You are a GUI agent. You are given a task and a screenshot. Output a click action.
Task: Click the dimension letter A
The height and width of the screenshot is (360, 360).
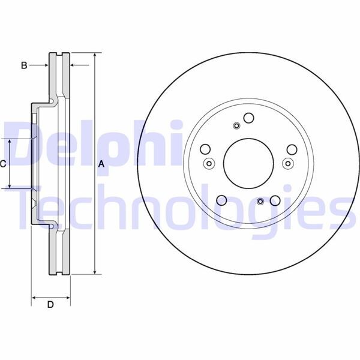tap(101, 164)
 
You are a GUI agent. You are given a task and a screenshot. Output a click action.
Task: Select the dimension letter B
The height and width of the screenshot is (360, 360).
tap(24, 65)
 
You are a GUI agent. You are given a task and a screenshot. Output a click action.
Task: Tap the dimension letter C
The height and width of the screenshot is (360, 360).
tap(4, 163)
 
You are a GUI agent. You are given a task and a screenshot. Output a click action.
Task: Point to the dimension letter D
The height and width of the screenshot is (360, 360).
tap(50, 304)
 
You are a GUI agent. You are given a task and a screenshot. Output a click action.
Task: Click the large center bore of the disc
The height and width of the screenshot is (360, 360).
tap(247, 163)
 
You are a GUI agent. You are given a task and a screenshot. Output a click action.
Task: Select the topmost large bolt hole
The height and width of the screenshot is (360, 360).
tap(248, 118)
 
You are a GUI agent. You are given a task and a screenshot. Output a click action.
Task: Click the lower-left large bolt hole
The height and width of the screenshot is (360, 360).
tap(221, 200)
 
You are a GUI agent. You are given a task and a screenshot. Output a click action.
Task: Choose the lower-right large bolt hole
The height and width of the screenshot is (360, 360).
tap(275, 200)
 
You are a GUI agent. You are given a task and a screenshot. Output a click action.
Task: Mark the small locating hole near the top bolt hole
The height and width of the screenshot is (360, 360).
tap(236, 126)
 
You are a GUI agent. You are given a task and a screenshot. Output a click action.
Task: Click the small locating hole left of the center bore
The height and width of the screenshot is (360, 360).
tap(209, 163)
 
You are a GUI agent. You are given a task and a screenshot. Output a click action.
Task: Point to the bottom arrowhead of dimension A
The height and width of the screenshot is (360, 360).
tap(95, 272)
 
